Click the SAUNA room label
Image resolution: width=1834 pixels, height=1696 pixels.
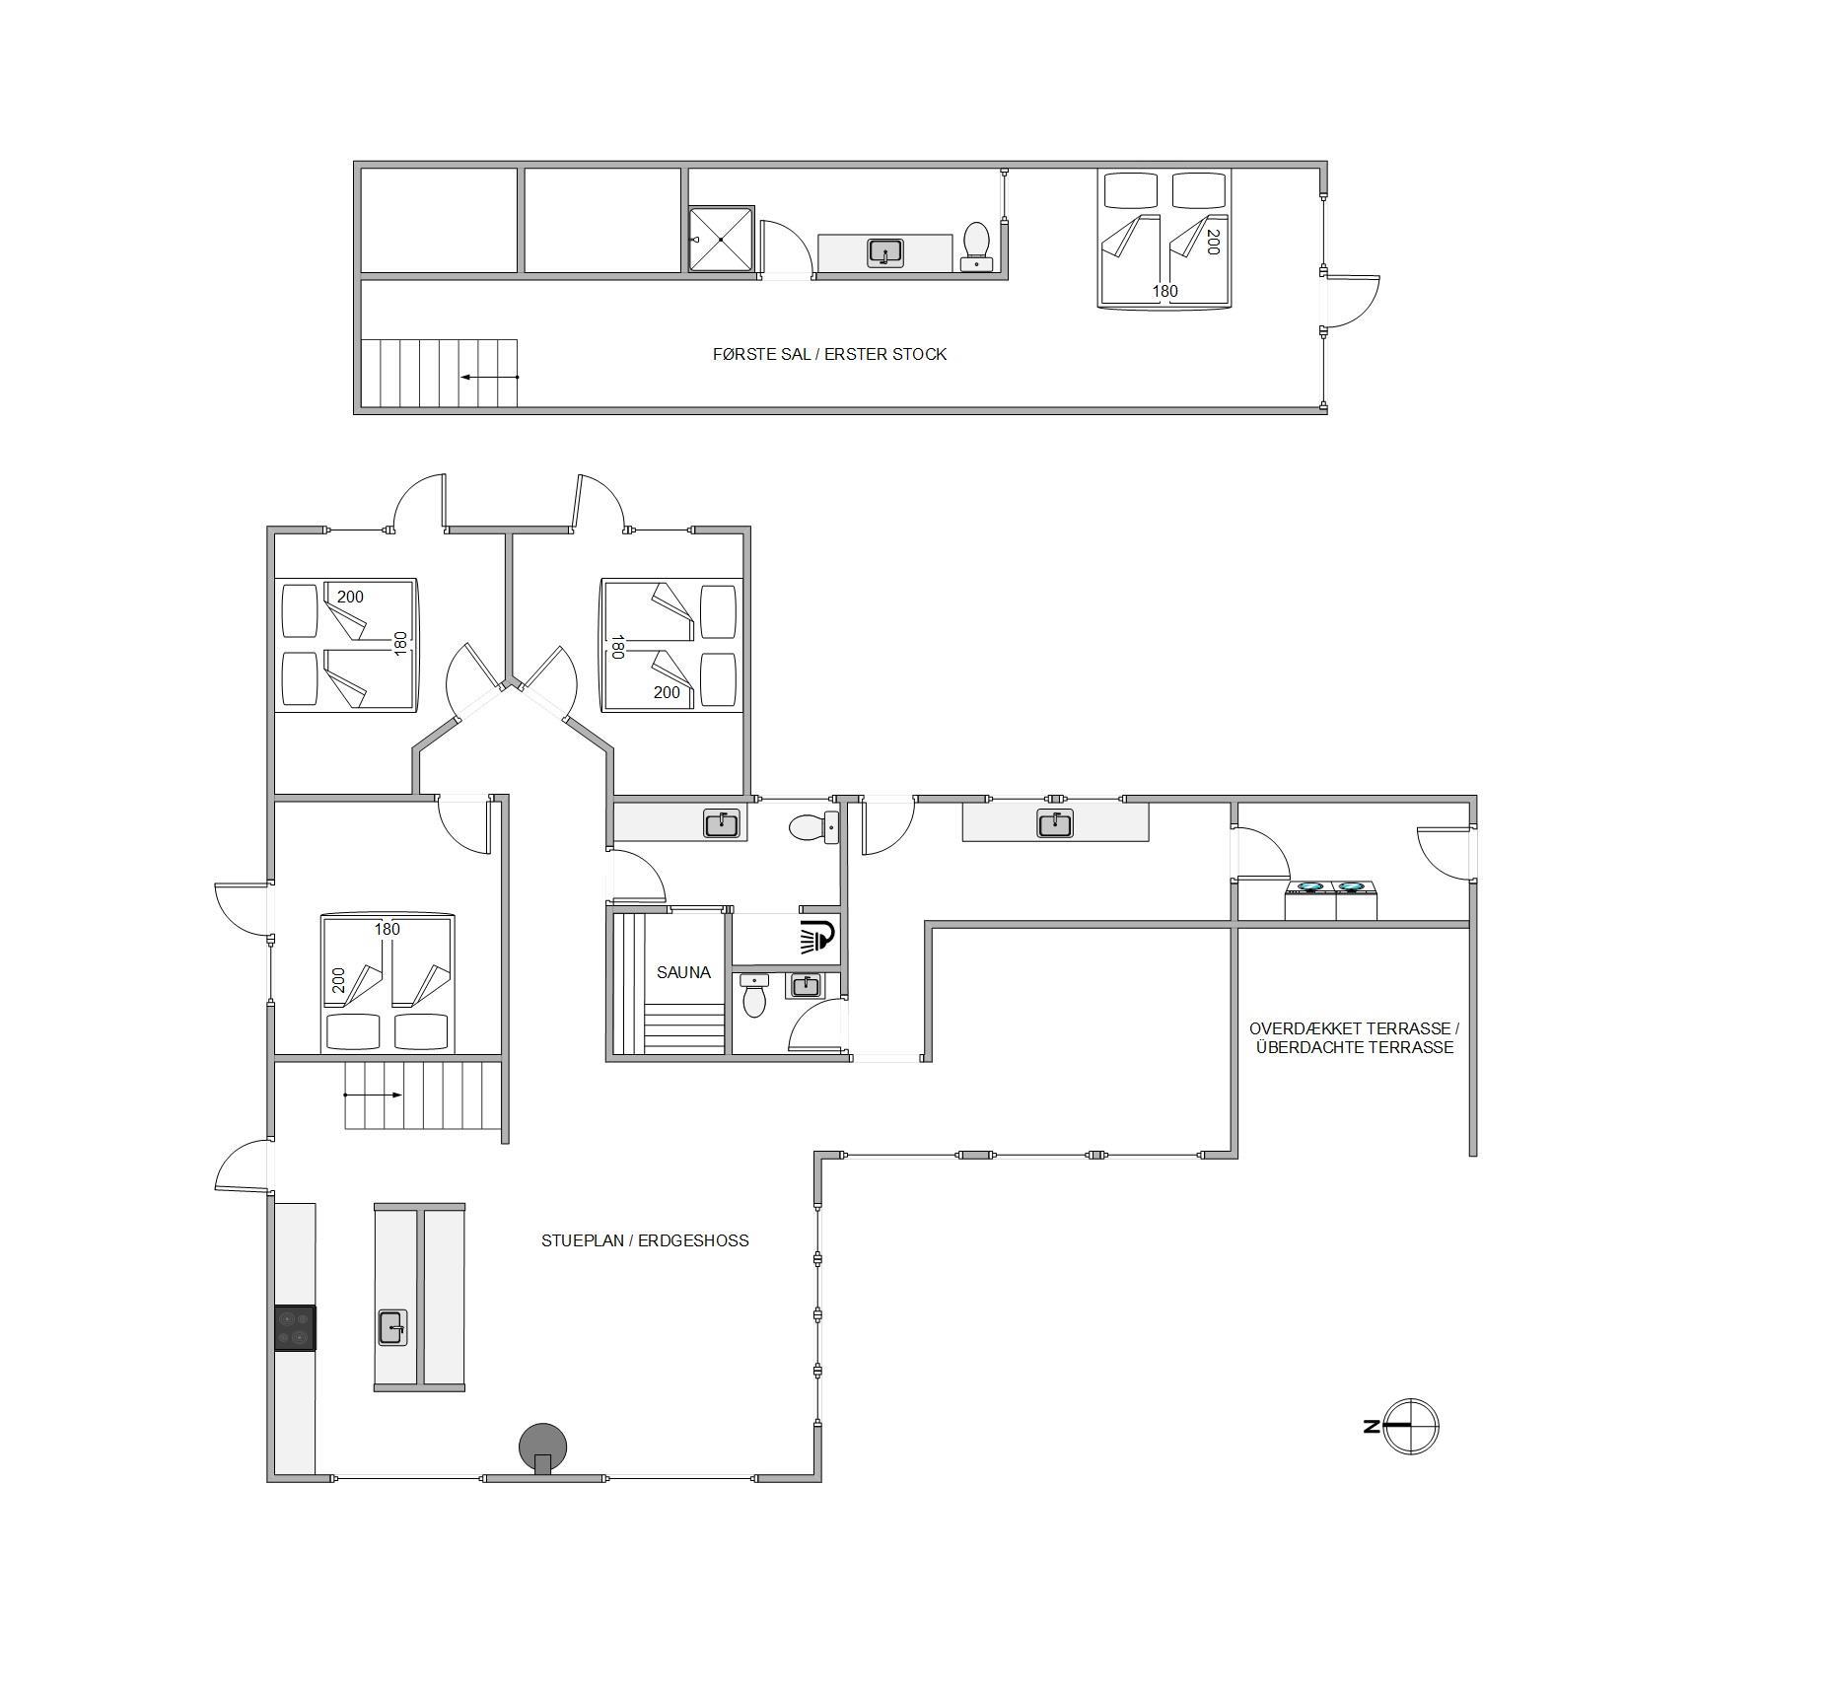[683, 972]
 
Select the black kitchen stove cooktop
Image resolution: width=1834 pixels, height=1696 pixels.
[295, 1327]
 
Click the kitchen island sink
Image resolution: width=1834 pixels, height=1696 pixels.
[392, 1327]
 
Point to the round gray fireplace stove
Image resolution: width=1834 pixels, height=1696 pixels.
[543, 1448]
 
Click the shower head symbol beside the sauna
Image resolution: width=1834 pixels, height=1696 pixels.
[818, 936]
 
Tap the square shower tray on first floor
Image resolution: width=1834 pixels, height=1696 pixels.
[721, 239]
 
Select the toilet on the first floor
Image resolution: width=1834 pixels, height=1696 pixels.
[976, 247]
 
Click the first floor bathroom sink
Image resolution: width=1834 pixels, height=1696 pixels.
[885, 252]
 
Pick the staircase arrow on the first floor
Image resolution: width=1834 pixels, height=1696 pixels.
[489, 377]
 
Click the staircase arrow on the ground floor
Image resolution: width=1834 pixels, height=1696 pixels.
[373, 1095]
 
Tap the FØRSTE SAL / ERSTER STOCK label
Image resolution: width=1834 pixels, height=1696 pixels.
[829, 354]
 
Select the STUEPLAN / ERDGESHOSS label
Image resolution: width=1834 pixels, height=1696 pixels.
[645, 1240]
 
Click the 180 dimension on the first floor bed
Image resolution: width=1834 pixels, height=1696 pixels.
[1165, 291]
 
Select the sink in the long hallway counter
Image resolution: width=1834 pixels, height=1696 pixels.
[1055, 822]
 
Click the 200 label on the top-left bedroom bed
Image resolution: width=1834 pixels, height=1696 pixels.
[350, 597]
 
